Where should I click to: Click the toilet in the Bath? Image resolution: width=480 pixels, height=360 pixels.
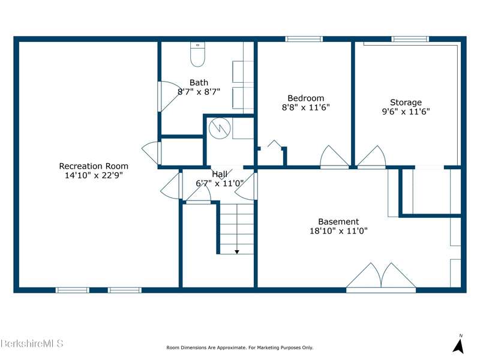[197, 54]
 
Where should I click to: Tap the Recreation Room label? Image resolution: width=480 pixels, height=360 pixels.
[94, 166]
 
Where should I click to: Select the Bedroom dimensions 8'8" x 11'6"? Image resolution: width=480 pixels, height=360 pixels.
[306, 107]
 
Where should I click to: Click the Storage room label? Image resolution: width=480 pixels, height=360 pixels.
[406, 102]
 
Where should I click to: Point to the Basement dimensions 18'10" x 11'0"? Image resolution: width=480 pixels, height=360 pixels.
[338, 231]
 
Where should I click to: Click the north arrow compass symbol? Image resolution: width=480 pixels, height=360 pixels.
[458, 345]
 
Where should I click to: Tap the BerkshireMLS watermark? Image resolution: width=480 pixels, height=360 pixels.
[32, 343]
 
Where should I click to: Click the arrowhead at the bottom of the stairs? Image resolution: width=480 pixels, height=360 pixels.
[237, 252]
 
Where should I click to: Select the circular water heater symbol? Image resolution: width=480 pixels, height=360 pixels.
[220, 128]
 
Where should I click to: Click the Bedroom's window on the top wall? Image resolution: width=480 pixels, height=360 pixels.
[304, 39]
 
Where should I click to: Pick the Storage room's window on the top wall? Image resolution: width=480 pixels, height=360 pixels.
[410, 39]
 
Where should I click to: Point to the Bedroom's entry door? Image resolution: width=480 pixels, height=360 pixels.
[334, 157]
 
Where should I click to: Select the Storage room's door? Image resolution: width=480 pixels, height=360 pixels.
[371, 157]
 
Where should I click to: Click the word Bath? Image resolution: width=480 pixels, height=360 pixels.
[199, 83]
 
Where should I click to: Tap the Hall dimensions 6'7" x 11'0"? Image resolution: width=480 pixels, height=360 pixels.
[220, 184]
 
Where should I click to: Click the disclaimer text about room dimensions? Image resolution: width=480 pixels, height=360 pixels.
[239, 348]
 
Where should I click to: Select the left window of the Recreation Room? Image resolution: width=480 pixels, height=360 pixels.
[73, 290]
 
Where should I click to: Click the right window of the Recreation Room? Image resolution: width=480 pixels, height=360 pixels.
[125, 290]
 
